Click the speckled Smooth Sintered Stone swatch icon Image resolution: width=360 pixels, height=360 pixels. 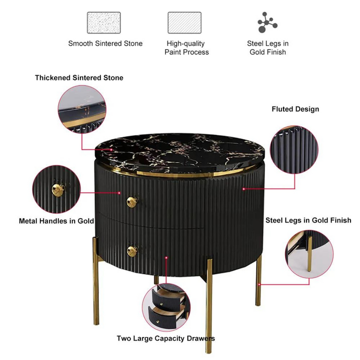pyautogui.click(x=104, y=22)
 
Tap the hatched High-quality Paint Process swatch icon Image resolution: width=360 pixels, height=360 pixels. pyautogui.click(x=184, y=22)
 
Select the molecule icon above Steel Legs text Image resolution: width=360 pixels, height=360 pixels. pyautogui.click(x=267, y=22)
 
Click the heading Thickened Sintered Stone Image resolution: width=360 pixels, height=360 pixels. pyautogui.click(x=79, y=77)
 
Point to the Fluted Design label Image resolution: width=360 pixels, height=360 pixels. pyautogui.click(x=295, y=109)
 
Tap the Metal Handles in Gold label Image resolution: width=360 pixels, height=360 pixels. pyautogui.click(x=56, y=221)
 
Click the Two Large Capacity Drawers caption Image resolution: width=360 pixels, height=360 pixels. pyautogui.click(x=166, y=338)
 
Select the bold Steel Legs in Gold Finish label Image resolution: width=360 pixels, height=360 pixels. pyautogui.click(x=308, y=220)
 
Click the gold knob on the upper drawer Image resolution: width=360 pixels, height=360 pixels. pyautogui.click(x=132, y=202)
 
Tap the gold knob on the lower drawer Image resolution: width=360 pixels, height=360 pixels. pyautogui.click(x=132, y=251)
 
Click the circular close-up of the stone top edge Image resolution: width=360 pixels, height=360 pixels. pyautogui.click(x=82, y=109)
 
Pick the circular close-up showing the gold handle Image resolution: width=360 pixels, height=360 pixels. pyautogui.click(x=56, y=189)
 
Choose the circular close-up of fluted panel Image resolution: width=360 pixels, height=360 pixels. pyautogui.click(x=294, y=149)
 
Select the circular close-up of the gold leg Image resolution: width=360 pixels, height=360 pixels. pyautogui.click(x=309, y=254)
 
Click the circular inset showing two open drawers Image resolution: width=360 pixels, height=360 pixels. pyautogui.click(x=166, y=306)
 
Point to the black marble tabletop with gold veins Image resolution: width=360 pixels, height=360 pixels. pyautogui.click(x=180, y=153)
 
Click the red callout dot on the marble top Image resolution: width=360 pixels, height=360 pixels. pyautogui.click(x=111, y=149)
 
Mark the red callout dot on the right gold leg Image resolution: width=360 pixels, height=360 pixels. pyautogui.click(x=259, y=284)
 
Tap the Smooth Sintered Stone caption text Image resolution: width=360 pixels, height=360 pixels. pyautogui.click(x=105, y=43)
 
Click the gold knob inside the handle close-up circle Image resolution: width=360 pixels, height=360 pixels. pyautogui.click(x=58, y=189)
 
